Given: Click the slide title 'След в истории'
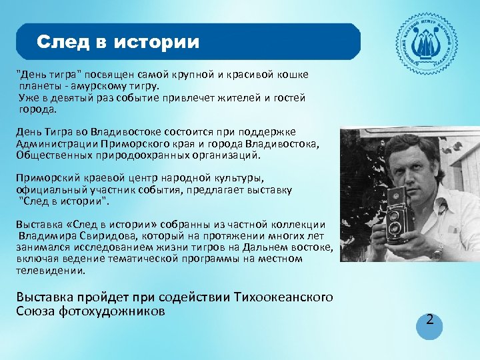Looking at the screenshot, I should coord(118,43).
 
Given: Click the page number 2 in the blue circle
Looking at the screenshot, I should coord(430,320).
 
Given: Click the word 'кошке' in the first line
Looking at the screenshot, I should coord(293,74).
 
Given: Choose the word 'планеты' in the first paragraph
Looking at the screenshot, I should coord(39,86).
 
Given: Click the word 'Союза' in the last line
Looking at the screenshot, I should coord(34,311).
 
